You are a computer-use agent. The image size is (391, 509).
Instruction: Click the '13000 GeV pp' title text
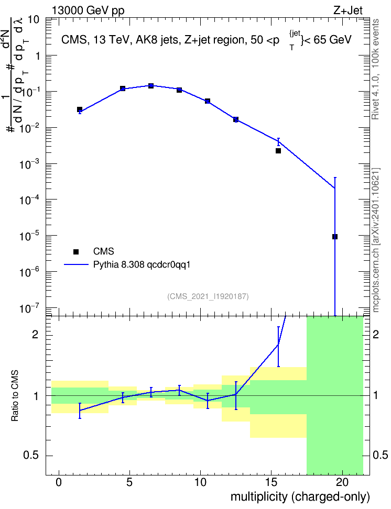(88, 10)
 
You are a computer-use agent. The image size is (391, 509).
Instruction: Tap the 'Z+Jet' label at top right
(348, 10)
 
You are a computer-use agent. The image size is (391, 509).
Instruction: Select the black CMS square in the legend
(76, 251)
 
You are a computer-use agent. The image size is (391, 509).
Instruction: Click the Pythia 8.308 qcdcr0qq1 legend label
(142, 264)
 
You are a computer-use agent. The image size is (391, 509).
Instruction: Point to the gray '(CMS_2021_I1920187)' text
(208, 296)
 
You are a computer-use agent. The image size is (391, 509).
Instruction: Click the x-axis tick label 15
(271, 482)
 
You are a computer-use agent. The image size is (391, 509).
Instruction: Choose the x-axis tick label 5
(129, 482)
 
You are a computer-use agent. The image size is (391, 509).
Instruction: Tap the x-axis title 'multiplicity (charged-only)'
(300, 497)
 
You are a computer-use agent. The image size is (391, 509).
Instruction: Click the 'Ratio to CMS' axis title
(15, 396)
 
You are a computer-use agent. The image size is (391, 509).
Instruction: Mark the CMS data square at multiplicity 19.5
(335, 237)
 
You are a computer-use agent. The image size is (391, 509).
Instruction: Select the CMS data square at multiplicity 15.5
(278, 151)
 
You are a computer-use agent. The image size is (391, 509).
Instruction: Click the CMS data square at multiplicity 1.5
(80, 109)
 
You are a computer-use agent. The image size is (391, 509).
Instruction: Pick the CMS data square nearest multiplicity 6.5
(151, 86)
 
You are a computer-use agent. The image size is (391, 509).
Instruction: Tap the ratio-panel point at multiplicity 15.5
(278, 345)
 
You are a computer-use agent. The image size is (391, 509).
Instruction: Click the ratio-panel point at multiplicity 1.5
(80, 411)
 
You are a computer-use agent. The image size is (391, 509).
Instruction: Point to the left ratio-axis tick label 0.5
(31, 456)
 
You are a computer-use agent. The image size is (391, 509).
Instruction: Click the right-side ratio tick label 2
(376, 334)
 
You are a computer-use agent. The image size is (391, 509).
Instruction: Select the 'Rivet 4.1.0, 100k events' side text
(375, 69)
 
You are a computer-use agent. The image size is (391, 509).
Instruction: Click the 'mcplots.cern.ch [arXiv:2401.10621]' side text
(376, 240)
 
